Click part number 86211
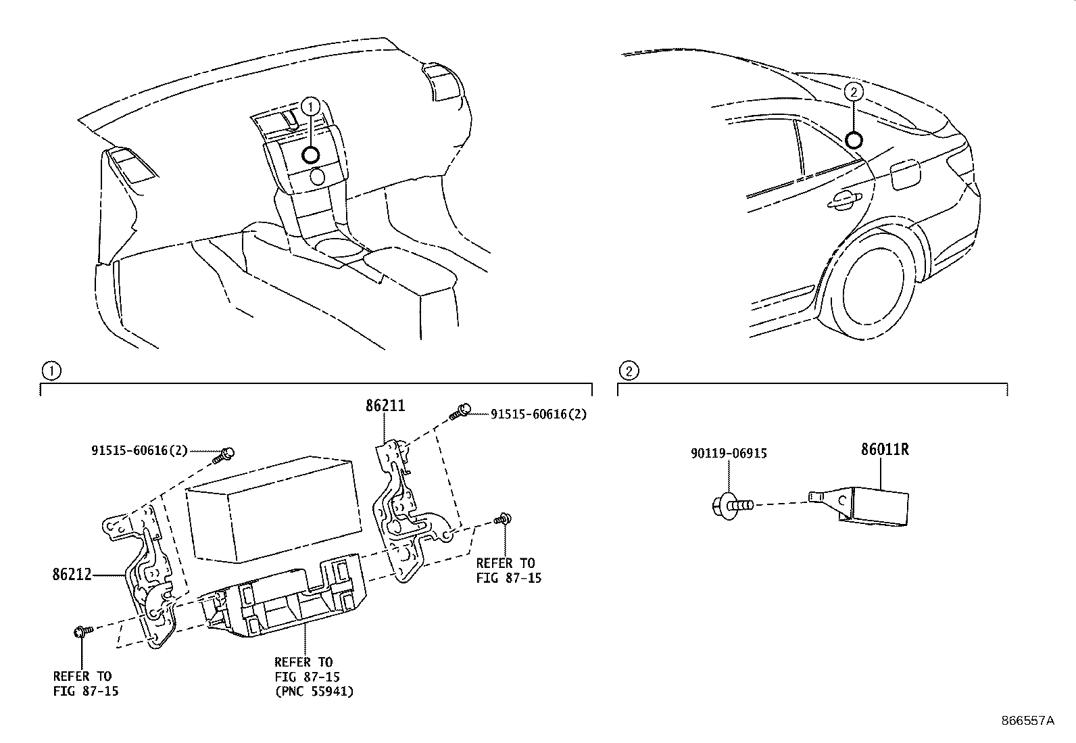click(x=385, y=406)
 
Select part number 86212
click(x=72, y=575)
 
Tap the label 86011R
click(x=884, y=450)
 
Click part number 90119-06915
click(x=729, y=454)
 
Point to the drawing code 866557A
click(x=1027, y=721)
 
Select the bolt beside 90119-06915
click(x=731, y=504)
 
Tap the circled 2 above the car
click(x=854, y=92)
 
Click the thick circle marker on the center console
click(x=310, y=155)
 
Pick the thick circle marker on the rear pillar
click(x=854, y=139)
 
